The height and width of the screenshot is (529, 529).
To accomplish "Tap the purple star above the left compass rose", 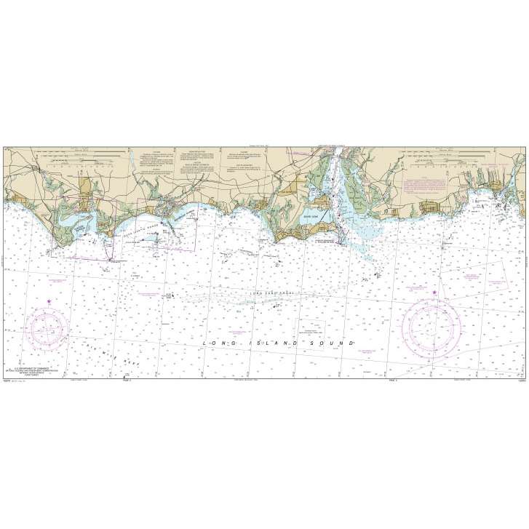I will pyautogui.click(x=49, y=301).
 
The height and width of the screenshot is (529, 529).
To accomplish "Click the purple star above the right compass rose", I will pyautogui.click(x=434, y=293).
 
